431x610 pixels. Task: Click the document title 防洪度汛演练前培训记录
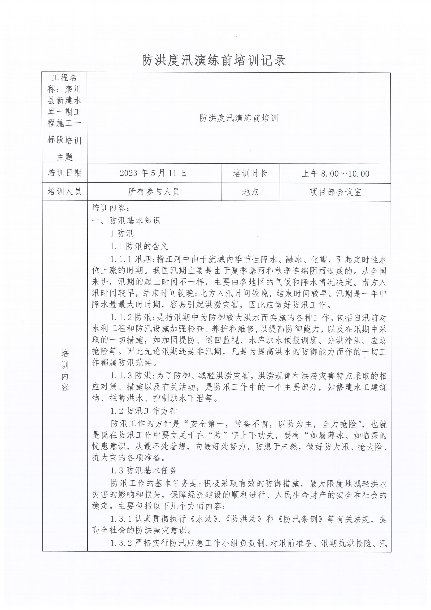point(214,60)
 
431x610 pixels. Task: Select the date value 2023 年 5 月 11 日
point(154,173)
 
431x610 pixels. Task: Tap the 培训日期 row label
point(64,173)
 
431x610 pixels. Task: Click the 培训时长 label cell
point(250,173)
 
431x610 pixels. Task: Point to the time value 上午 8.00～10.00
point(335,174)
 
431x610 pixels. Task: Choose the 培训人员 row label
point(64,191)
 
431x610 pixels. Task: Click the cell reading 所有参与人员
point(154,192)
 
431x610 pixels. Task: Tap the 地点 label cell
point(250,192)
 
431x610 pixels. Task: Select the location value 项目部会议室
point(335,192)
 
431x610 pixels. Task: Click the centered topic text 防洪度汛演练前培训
point(239,118)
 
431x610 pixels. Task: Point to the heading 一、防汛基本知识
point(126,221)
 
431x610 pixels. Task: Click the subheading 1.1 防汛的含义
point(139,246)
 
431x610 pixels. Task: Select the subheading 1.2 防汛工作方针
point(143,411)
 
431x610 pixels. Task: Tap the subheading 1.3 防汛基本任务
point(143,470)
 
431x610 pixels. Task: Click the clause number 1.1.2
point(121,318)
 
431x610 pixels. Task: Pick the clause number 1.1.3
point(121,376)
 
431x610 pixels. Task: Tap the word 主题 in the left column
point(64,157)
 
